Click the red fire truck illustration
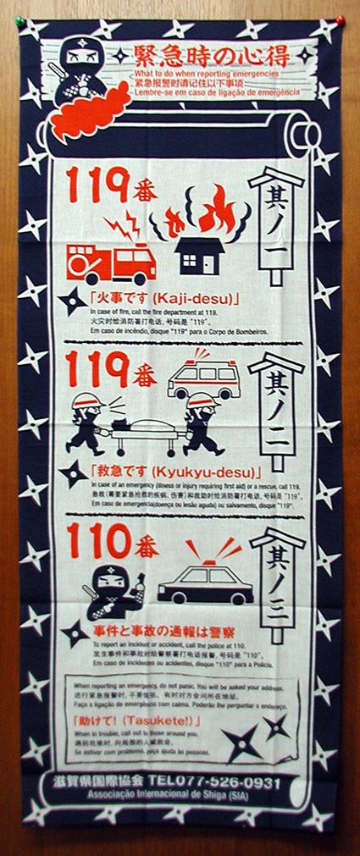[x=110, y=263]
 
